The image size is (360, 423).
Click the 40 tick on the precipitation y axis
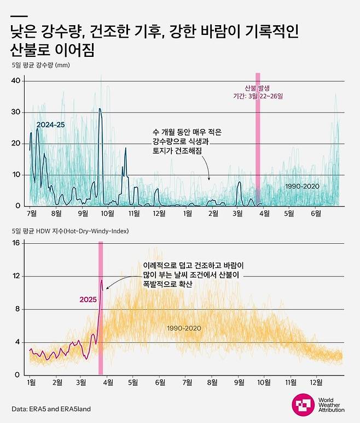pos(16,81)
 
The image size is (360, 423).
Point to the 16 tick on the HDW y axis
pos(16,243)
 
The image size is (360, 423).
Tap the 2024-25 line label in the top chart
pos(50,125)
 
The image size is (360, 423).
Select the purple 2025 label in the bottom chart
pos(88,299)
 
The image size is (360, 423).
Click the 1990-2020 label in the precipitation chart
pos(302,186)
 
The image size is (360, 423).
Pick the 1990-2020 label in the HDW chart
pos(185,328)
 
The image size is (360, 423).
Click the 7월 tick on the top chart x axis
pos(31,213)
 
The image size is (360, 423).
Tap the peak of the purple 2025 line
pos(101,280)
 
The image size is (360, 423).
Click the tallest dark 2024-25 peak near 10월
pos(100,109)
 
